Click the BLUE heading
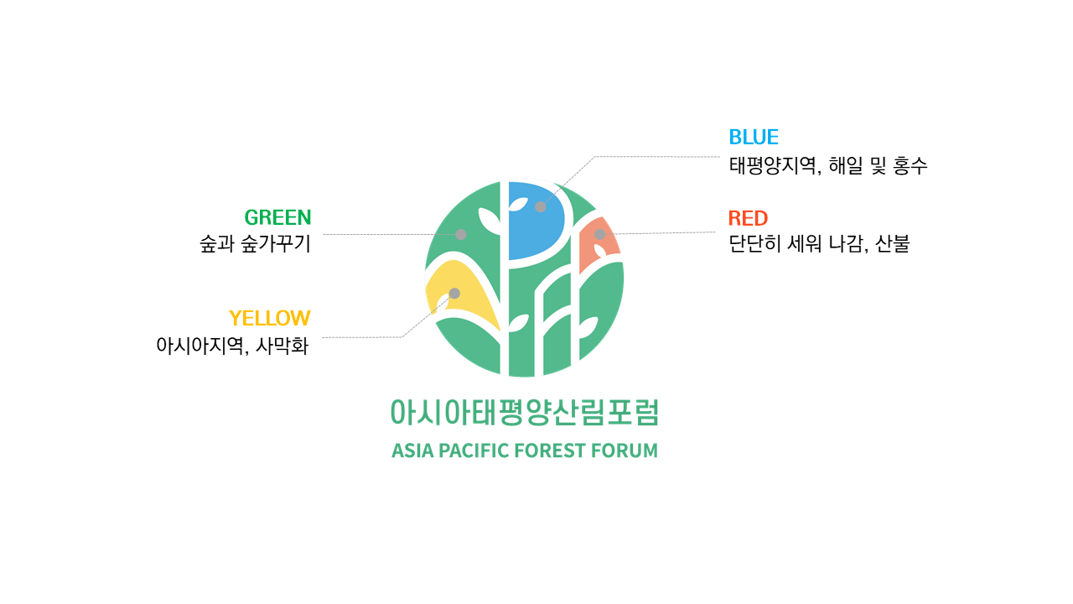[754, 137]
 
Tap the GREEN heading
[277, 217]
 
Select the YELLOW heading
[270, 318]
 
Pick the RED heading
[748, 218]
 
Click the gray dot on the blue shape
[541, 206]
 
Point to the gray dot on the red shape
[599, 234]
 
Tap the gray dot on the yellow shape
[454, 294]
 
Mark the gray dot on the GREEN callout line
[461, 234]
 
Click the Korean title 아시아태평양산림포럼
[525, 412]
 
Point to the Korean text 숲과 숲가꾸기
[256, 243]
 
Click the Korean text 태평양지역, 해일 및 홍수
[828, 165]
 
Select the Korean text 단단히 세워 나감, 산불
[819, 243]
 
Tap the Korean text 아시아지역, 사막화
[232, 346]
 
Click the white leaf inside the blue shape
[518, 205]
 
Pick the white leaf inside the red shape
[599, 251]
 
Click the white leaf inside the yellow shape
[443, 303]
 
